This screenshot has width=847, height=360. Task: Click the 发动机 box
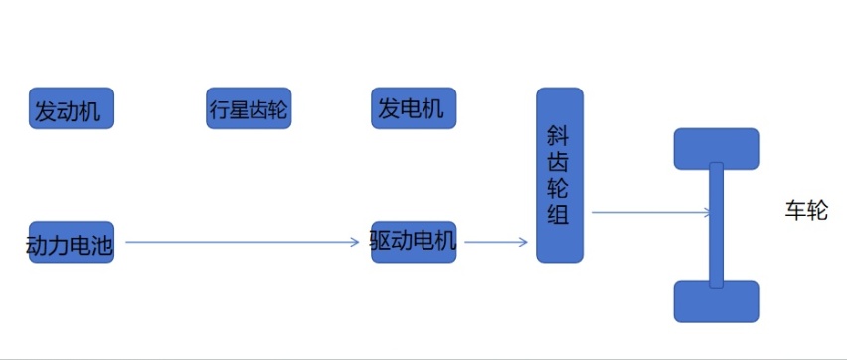(x=71, y=108)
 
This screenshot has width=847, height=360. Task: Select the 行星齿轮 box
(x=249, y=108)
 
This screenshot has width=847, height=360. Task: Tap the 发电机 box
(x=414, y=108)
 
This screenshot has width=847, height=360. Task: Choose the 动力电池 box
(x=71, y=242)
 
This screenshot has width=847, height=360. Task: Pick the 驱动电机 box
(x=414, y=242)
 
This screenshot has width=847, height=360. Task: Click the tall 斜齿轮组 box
(x=560, y=175)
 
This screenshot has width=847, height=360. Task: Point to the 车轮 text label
(x=805, y=211)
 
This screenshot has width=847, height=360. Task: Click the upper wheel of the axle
(x=716, y=147)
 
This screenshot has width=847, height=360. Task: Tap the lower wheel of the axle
(x=716, y=302)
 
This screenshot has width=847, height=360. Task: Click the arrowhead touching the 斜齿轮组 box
(x=524, y=242)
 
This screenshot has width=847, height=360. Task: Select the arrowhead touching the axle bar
(x=705, y=212)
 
